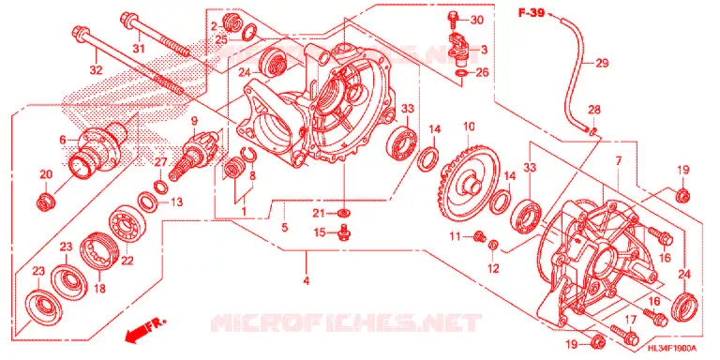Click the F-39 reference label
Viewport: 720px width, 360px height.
(532, 13)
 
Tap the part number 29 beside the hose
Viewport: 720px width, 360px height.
(602, 64)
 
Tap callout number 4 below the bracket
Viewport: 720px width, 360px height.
(307, 280)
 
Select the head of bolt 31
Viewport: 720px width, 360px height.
(127, 20)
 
